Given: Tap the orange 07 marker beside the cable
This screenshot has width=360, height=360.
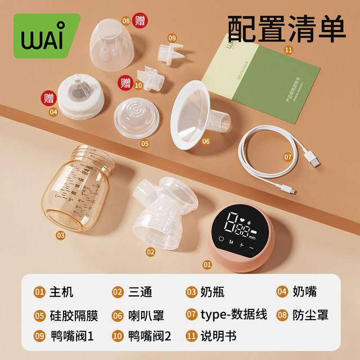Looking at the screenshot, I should coord(287,157).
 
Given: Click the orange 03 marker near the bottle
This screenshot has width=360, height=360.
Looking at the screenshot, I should coord(60,235).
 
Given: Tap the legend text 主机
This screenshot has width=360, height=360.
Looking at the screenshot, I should coord(60,292).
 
